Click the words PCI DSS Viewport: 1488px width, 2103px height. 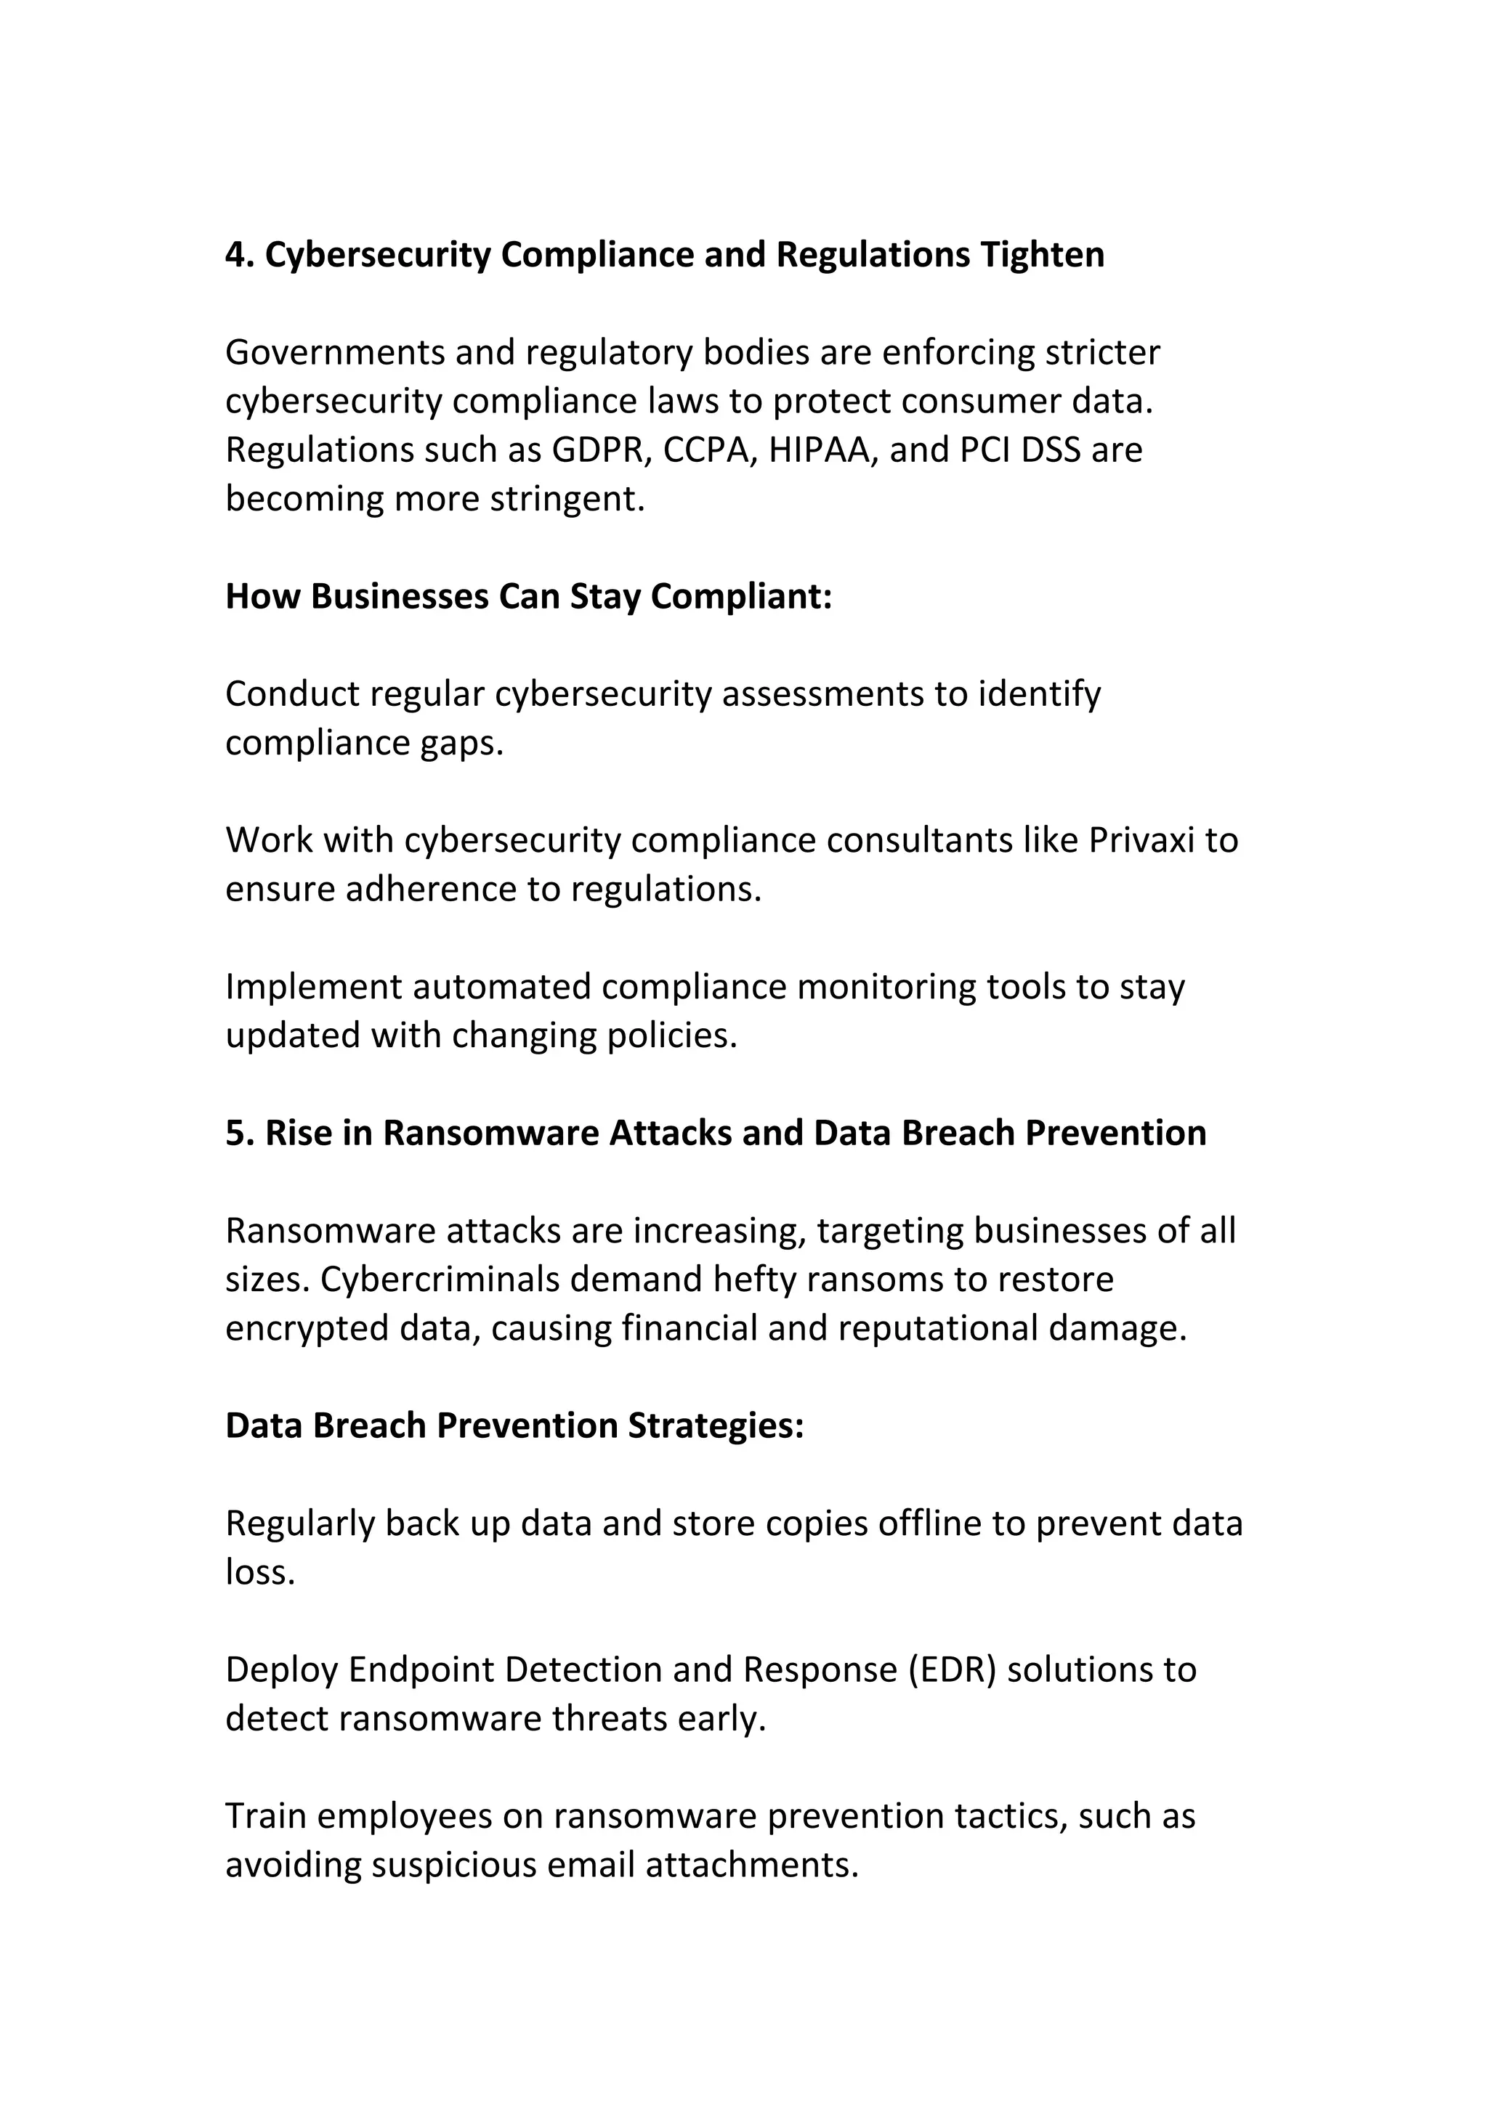(x=1022, y=451)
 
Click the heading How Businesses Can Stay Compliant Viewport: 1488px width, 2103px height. (x=529, y=597)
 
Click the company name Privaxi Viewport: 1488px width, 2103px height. (x=1141, y=841)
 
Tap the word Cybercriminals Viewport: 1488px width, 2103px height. (x=439, y=1280)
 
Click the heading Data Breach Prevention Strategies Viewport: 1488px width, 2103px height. (x=514, y=1426)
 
